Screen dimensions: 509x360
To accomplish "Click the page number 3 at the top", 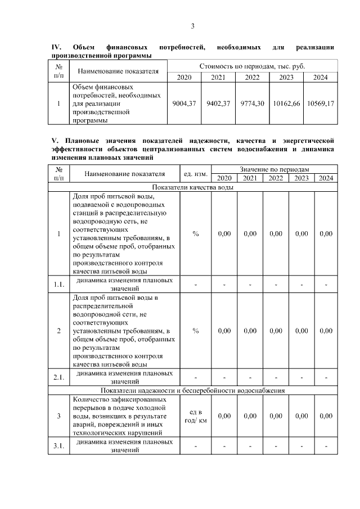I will tap(193, 26).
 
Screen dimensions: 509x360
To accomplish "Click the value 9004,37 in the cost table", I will tap(184, 103).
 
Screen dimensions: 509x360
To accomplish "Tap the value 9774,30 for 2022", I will tap(252, 103).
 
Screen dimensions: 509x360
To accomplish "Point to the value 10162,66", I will tap(287, 103).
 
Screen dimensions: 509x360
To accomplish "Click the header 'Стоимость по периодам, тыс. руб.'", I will tap(252, 66).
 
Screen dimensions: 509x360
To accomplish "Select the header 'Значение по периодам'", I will tap(274, 169).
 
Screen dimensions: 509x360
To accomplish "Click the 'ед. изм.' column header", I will tap(195, 174).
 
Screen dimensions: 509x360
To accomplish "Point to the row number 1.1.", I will tap(59, 284).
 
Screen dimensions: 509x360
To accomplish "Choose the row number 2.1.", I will tap(59, 377).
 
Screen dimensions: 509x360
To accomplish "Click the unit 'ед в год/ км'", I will tap(195, 416).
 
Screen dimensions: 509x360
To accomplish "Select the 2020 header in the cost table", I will tap(184, 77).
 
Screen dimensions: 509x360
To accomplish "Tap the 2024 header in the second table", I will tap(326, 178).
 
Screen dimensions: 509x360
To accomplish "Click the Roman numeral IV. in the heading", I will tap(56, 48).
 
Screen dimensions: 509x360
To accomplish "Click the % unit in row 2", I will tap(195, 331).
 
